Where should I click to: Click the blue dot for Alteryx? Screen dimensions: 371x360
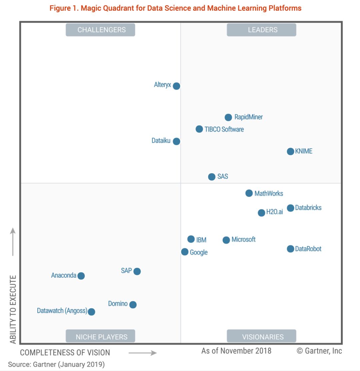176,86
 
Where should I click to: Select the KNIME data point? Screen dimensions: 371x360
290,151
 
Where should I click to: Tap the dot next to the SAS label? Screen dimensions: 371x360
212,177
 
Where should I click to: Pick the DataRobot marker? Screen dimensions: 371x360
290,249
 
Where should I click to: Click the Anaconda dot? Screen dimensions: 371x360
81,276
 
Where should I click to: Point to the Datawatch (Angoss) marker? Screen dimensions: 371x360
91,312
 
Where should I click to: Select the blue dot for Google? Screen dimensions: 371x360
185,252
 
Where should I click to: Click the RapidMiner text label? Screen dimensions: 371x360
248,117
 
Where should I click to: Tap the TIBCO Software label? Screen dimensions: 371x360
224,129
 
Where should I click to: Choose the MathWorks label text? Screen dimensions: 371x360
269,194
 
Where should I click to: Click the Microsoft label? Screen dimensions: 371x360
243,240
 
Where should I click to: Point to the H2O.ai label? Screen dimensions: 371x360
274,212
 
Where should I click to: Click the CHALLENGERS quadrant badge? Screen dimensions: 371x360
100,30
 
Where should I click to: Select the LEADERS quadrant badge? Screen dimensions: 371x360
262,30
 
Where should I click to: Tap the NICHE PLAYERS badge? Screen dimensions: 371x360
100,336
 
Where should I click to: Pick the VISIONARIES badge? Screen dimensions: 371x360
262,336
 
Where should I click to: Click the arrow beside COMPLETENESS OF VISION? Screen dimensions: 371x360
143,353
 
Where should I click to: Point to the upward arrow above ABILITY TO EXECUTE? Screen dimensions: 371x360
13,242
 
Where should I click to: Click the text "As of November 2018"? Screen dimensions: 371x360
236,351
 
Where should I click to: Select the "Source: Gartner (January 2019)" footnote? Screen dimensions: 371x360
56,364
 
